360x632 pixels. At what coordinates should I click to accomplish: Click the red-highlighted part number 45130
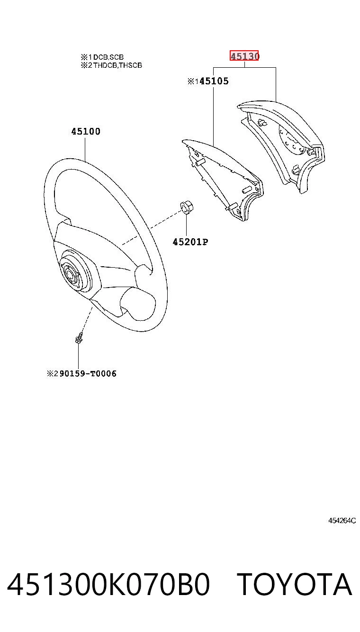coord(244,56)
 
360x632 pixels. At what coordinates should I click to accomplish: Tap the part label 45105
coord(214,81)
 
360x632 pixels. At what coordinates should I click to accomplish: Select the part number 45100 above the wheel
coord(86,131)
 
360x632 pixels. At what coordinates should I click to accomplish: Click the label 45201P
coord(190,242)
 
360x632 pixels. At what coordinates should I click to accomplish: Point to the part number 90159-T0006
coord(88,373)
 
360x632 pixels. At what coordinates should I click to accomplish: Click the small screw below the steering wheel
coord(79,338)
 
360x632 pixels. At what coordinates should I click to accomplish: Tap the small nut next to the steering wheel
coord(187,208)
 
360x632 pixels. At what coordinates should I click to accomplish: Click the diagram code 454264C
coord(342,521)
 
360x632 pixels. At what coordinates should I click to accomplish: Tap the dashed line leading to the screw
coord(86,319)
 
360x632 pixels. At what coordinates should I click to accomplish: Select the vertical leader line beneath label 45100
coord(85,149)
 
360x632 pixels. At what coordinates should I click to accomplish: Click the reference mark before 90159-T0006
coord(53,373)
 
